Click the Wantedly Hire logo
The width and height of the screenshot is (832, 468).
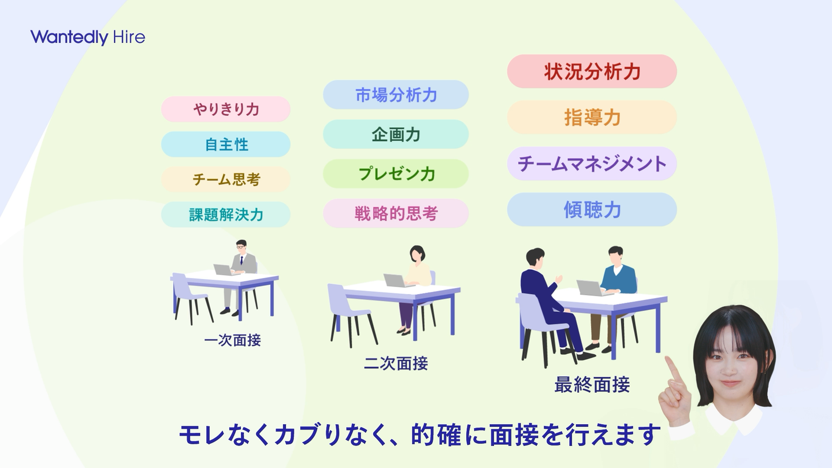88,37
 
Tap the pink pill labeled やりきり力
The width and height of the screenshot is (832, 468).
226,109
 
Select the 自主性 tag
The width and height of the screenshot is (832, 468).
226,144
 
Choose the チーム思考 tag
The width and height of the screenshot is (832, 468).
226,179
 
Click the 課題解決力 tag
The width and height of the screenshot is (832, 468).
226,215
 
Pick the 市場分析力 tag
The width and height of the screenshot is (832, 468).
396,95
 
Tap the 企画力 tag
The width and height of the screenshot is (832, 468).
396,134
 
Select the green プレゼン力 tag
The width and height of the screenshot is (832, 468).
396,174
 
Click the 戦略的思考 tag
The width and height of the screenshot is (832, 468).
396,213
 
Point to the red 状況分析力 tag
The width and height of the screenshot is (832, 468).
592,71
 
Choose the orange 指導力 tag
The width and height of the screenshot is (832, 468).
592,117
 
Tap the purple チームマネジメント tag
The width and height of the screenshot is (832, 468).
592,164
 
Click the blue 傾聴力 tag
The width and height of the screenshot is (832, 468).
592,210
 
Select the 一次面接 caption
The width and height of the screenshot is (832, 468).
232,340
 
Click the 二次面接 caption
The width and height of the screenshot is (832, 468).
396,363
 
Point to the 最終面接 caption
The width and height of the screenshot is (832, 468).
592,385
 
